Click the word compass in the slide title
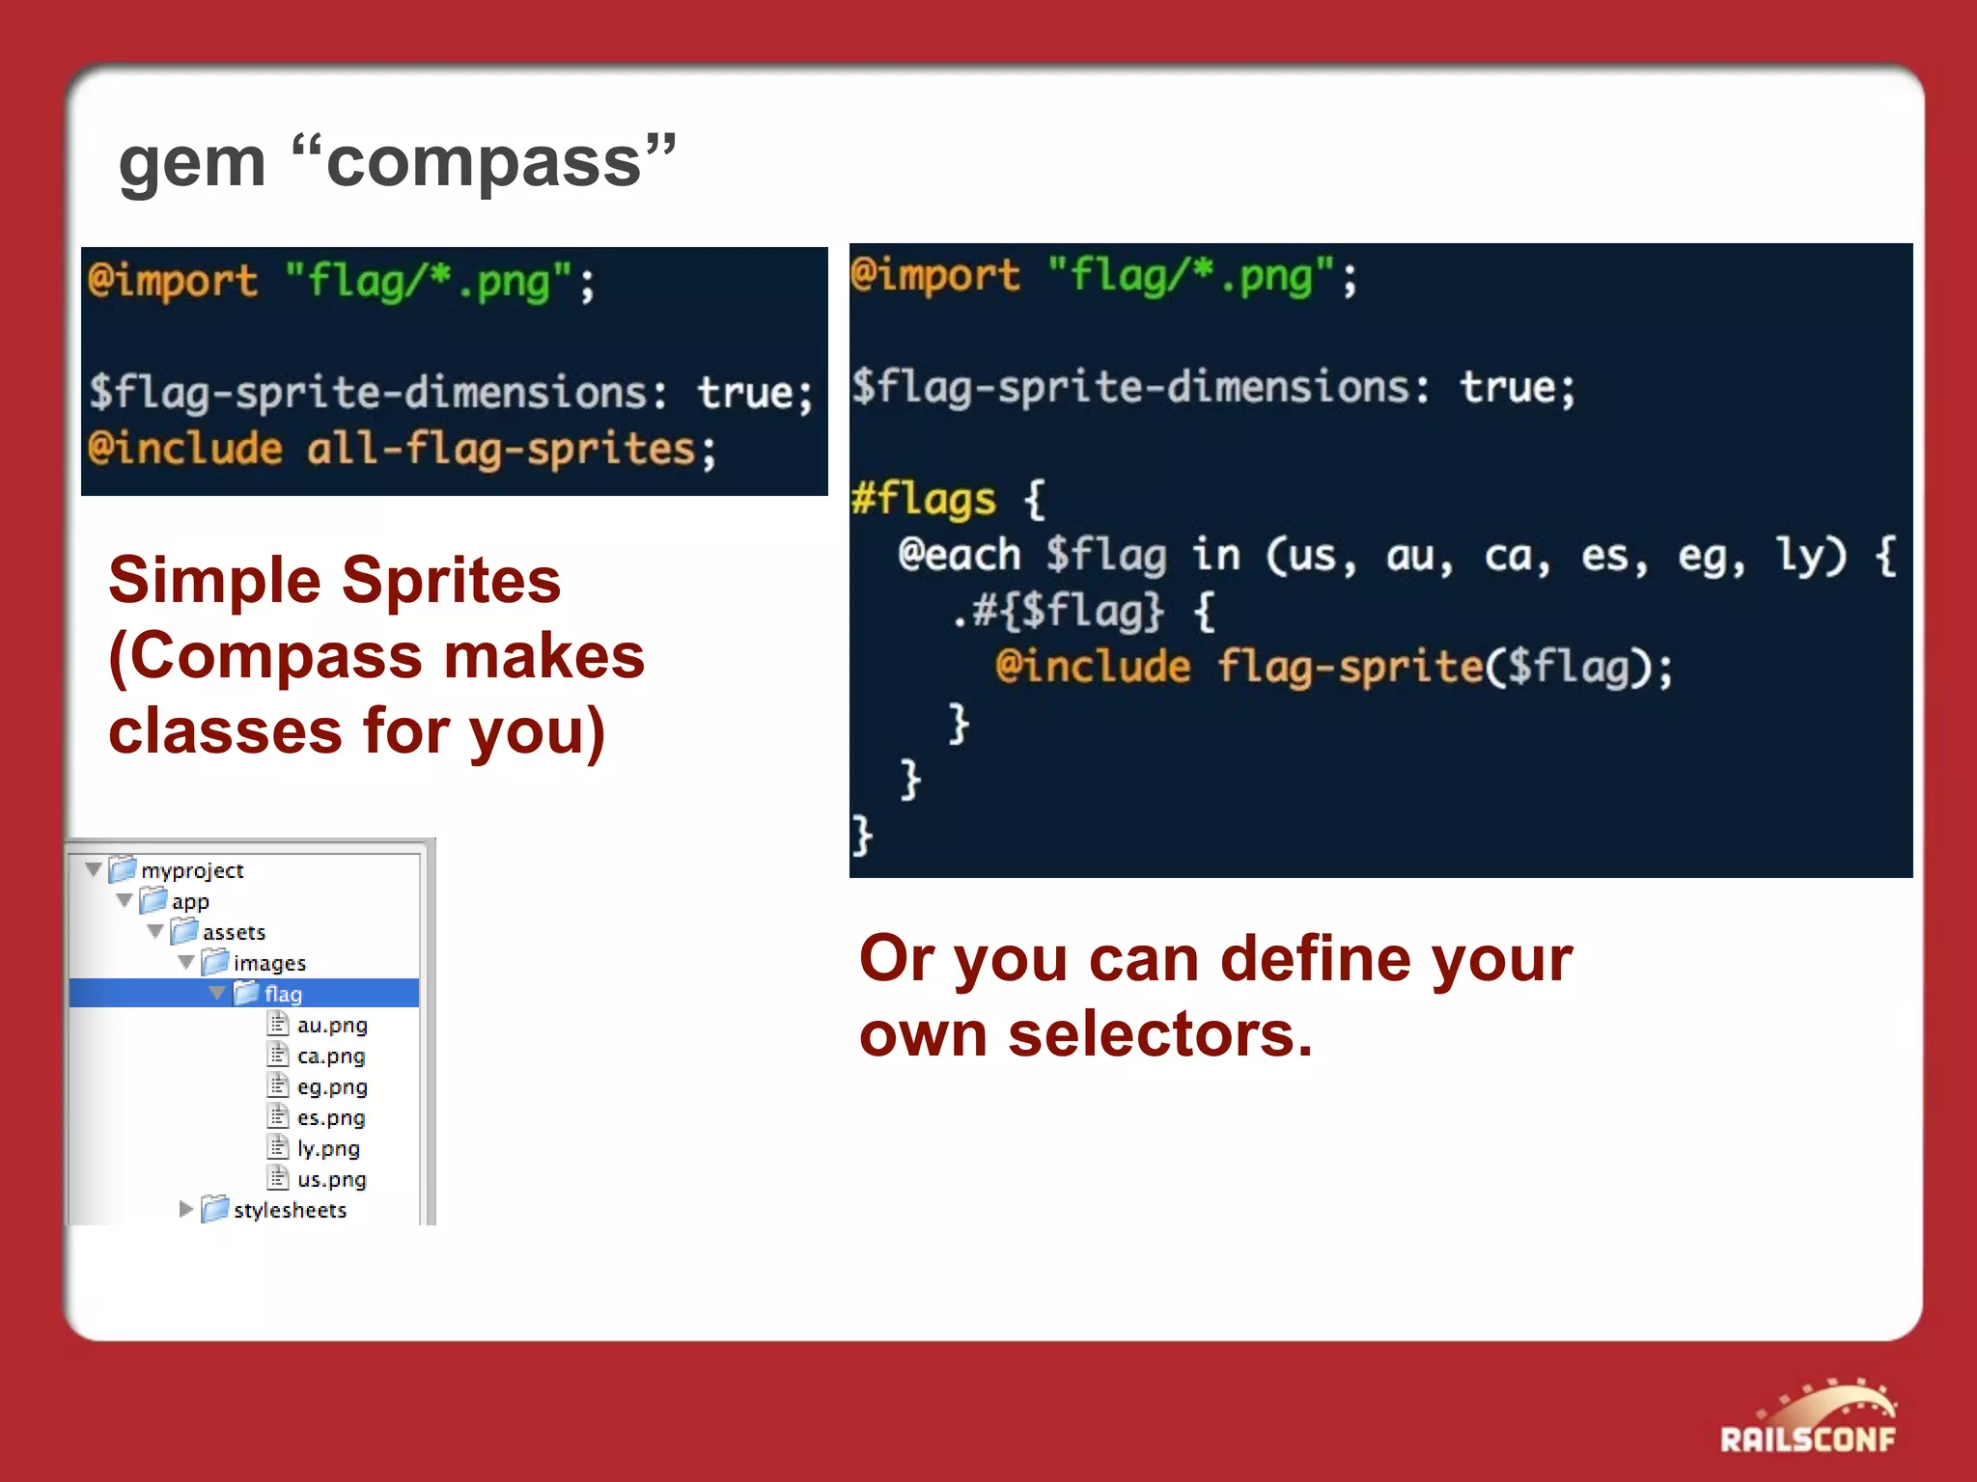pyautogui.click(x=484, y=162)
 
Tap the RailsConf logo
pyautogui.click(x=1807, y=1419)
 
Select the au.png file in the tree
pyautogui.click(x=331, y=1025)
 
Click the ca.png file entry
pyautogui.click(x=330, y=1056)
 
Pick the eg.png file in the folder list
pyautogui.click(x=331, y=1086)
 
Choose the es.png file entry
pyautogui.click(x=330, y=1117)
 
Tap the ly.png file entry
pyautogui.click(x=327, y=1148)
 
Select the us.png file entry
pyautogui.click(x=330, y=1179)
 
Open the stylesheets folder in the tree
pyautogui.click(x=289, y=1210)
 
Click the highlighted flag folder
pyautogui.click(x=282, y=994)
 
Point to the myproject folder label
pyautogui.click(x=191, y=870)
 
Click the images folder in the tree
pyautogui.click(x=268, y=963)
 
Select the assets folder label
pyautogui.click(x=233, y=932)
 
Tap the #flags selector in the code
pyautogui.click(x=923, y=500)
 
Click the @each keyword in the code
pyautogui.click(x=959, y=555)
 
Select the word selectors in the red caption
pyautogui.click(x=1159, y=1034)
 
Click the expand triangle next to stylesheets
pyautogui.click(x=185, y=1209)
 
